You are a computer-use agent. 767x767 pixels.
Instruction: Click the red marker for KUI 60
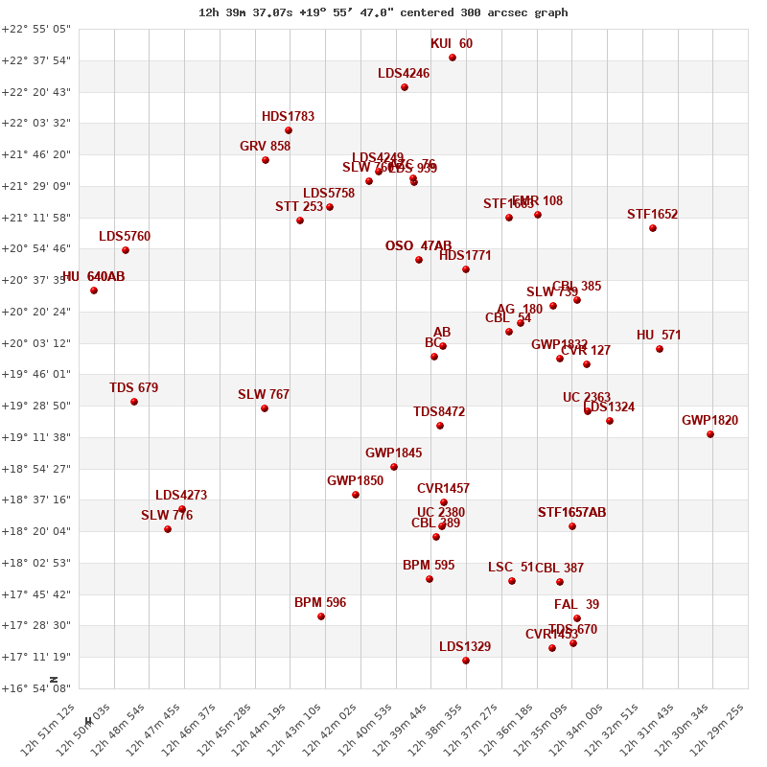pyautogui.click(x=453, y=58)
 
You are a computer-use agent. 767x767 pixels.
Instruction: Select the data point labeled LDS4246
pyautogui.click(x=405, y=87)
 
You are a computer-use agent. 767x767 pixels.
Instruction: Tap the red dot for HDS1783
pyautogui.click(x=289, y=130)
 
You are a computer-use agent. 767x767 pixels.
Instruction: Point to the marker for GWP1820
pyautogui.click(x=710, y=434)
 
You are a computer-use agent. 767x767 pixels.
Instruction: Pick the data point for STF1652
pyautogui.click(x=653, y=228)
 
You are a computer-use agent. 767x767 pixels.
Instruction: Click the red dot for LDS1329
pyautogui.click(x=466, y=661)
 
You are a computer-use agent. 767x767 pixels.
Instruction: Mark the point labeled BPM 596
pyautogui.click(x=321, y=616)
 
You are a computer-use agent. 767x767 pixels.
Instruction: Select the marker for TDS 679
pyautogui.click(x=134, y=402)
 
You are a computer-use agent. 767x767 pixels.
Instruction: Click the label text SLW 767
pyautogui.click(x=264, y=394)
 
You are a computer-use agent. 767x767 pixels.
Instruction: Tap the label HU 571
pyautogui.click(x=659, y=335)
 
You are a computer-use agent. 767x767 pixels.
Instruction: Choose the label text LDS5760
pyautogui.click(x=125, y=236)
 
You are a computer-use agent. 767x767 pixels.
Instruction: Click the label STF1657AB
pyautogui.click(x=571, y=512)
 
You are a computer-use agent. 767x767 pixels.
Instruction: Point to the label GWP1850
pyautogui.click(x=355, y=480)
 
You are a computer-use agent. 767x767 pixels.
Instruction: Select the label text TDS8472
pyautogui.click(x=439, y=411)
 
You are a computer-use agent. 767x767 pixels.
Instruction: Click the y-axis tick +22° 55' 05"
pyautogui.click(x=36, y=29)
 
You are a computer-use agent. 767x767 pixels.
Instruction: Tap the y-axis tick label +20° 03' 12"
pyautogui.click(x=36, y=343)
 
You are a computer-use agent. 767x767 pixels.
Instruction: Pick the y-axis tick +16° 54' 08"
pyautogui.click(x=36, y=688)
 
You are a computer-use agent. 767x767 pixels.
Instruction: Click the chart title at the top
pyautogui.click(x=383, y=12)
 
